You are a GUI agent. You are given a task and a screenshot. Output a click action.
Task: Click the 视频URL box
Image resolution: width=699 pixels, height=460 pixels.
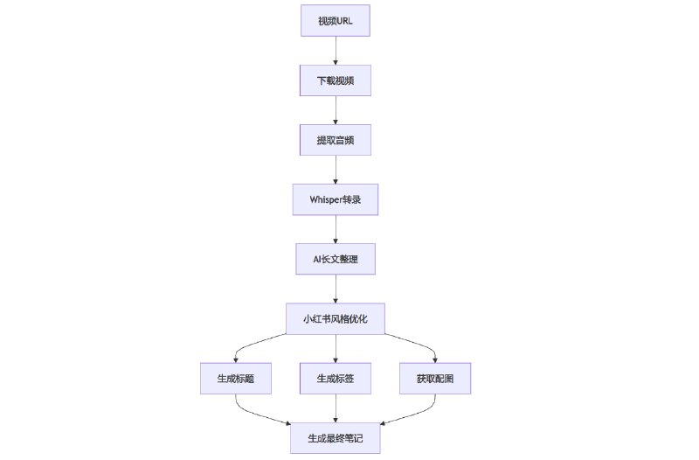[x=336, y=21]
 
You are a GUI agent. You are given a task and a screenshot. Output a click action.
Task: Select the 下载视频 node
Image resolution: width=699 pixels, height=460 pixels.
[x=336, y=80]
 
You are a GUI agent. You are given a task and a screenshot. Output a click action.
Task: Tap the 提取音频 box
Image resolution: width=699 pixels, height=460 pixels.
[x=336, y=140]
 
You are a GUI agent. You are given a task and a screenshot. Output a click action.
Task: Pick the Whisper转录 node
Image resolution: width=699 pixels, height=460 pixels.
[x=336, y=199]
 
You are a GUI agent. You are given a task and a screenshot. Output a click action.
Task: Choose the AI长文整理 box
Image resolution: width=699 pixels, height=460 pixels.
[x=336, y=259]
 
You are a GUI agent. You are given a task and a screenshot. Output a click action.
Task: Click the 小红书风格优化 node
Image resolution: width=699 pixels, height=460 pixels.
[x=336, y=318]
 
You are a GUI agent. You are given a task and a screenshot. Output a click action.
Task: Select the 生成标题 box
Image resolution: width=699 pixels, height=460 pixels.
[x=235, y=378]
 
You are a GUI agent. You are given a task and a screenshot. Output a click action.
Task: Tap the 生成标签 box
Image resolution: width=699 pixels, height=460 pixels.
[x=336, y=378]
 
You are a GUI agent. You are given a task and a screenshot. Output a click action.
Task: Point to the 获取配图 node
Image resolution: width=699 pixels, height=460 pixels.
[x=436, y=378]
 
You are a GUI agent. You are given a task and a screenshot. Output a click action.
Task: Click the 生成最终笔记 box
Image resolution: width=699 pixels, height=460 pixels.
[x=336, y=436]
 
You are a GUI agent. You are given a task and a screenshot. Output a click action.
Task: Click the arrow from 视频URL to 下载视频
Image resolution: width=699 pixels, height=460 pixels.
[x=336, y=51]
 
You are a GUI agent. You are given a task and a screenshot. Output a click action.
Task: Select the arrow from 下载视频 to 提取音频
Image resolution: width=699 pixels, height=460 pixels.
[x=336, y=110]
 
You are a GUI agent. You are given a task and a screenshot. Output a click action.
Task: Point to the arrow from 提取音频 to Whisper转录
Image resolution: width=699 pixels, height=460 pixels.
[x=336, y=170]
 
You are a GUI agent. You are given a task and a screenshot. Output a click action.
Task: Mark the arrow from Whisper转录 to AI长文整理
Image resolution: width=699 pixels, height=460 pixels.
[x=336, y=229]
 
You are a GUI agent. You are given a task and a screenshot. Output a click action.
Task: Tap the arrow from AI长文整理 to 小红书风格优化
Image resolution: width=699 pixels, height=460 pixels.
[x=336, y=289]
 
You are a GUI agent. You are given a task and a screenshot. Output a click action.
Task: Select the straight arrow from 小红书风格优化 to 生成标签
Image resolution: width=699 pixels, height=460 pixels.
[x=336, y=348]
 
